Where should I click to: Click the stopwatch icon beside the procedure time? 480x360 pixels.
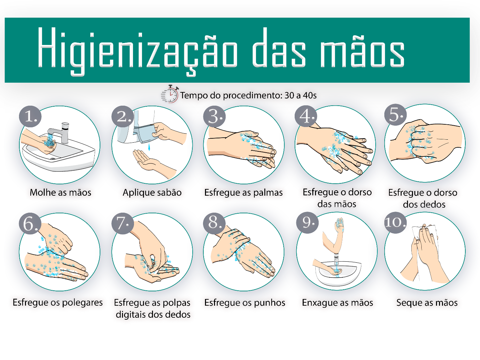(x=170, y=94)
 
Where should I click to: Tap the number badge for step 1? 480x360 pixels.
(x=30, y=117)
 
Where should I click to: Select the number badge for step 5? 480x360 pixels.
(x=395, y=115)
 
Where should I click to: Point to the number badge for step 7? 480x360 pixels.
(x=123, y=223)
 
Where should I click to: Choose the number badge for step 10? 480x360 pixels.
(x=395, y=223)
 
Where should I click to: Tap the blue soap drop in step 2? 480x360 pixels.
(x=149, y=147)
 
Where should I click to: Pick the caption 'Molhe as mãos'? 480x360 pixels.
(x=61, y=193)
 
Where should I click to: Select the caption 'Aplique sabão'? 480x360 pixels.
(x=152, y=193)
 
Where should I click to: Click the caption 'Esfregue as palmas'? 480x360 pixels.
(x=243, y=193)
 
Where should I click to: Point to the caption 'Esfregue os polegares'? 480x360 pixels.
(x=58, y=303)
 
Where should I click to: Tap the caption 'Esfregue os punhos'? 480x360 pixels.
(x=245, y=303)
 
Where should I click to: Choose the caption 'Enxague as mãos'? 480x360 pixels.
(x=337, y=303)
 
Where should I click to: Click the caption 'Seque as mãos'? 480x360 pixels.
(x=427, y=303)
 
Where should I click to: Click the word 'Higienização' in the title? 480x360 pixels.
(x=138, y=51)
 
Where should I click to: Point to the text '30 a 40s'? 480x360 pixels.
(x=300, y=96)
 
